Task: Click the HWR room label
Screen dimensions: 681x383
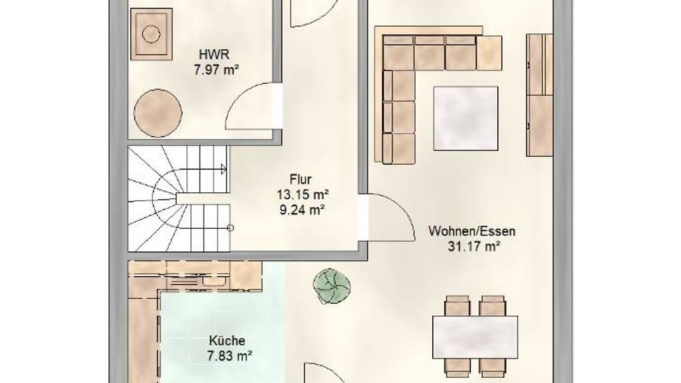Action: click(213, 55)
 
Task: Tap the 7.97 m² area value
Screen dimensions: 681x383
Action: click(216, 69)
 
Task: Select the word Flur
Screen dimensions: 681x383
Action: click(301, 180)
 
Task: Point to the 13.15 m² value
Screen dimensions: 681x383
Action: click(303, 195)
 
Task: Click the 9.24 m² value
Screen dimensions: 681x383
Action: click(303, 210)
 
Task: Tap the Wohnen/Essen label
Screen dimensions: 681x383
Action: click(472, 231)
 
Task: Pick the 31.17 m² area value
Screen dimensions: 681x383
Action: click(474, 247)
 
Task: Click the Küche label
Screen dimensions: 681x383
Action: click(227, 341)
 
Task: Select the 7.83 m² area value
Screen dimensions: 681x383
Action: click(229, 356)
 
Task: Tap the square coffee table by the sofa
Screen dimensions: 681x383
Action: click(466, 118)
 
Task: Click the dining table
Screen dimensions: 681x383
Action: click(475, 337)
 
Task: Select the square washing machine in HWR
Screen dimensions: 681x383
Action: click(151, 34)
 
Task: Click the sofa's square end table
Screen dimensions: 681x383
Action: click(489, 53)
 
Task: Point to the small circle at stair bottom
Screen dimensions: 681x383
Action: click(230, 228)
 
